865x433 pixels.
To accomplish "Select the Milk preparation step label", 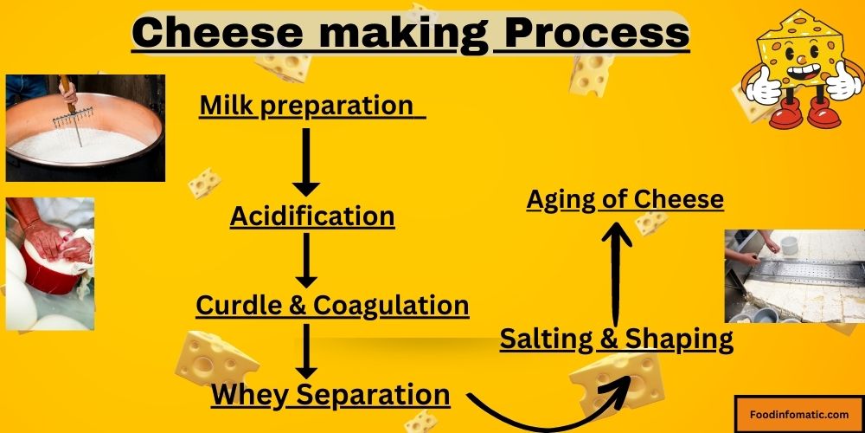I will (x=307, y=106).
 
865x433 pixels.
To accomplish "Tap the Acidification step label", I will (x=312, y=216).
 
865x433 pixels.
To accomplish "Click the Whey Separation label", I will (x=330, y=395).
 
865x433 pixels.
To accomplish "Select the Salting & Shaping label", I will (x=616, y=339).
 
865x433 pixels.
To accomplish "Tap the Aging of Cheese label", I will (x=625, y=199).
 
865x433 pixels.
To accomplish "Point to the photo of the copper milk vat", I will (x=85, y=127).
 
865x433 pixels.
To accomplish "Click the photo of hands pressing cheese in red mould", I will (x=49, y=263).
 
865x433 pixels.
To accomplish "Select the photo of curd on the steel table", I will (x=793, y=275).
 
